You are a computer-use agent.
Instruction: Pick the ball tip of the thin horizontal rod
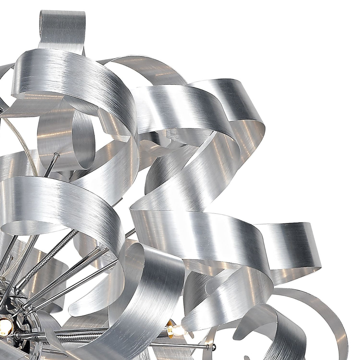coord(206,346)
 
